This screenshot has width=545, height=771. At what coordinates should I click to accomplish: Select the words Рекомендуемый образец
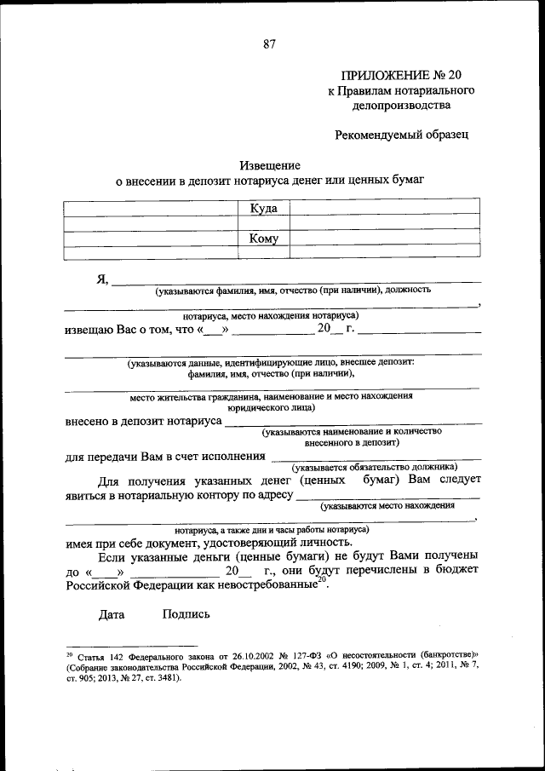401,134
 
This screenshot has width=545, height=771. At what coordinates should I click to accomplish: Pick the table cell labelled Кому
263,239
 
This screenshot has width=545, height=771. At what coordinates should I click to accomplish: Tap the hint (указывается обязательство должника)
375,467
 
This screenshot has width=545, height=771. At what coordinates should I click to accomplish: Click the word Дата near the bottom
112,613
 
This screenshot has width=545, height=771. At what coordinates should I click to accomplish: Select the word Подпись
181,613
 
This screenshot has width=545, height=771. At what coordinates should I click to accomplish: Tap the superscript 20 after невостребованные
321,580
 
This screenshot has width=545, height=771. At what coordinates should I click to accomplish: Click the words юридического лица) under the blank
271,407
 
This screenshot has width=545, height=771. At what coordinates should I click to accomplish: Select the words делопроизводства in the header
399,106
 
